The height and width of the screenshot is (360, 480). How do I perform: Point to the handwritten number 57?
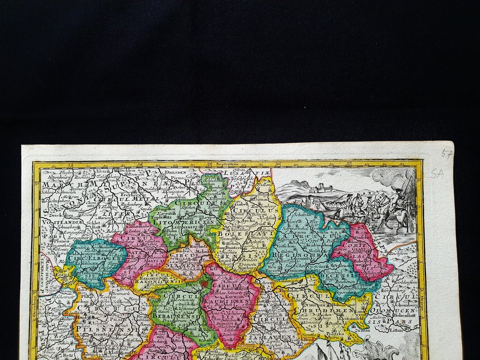(445, 154)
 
